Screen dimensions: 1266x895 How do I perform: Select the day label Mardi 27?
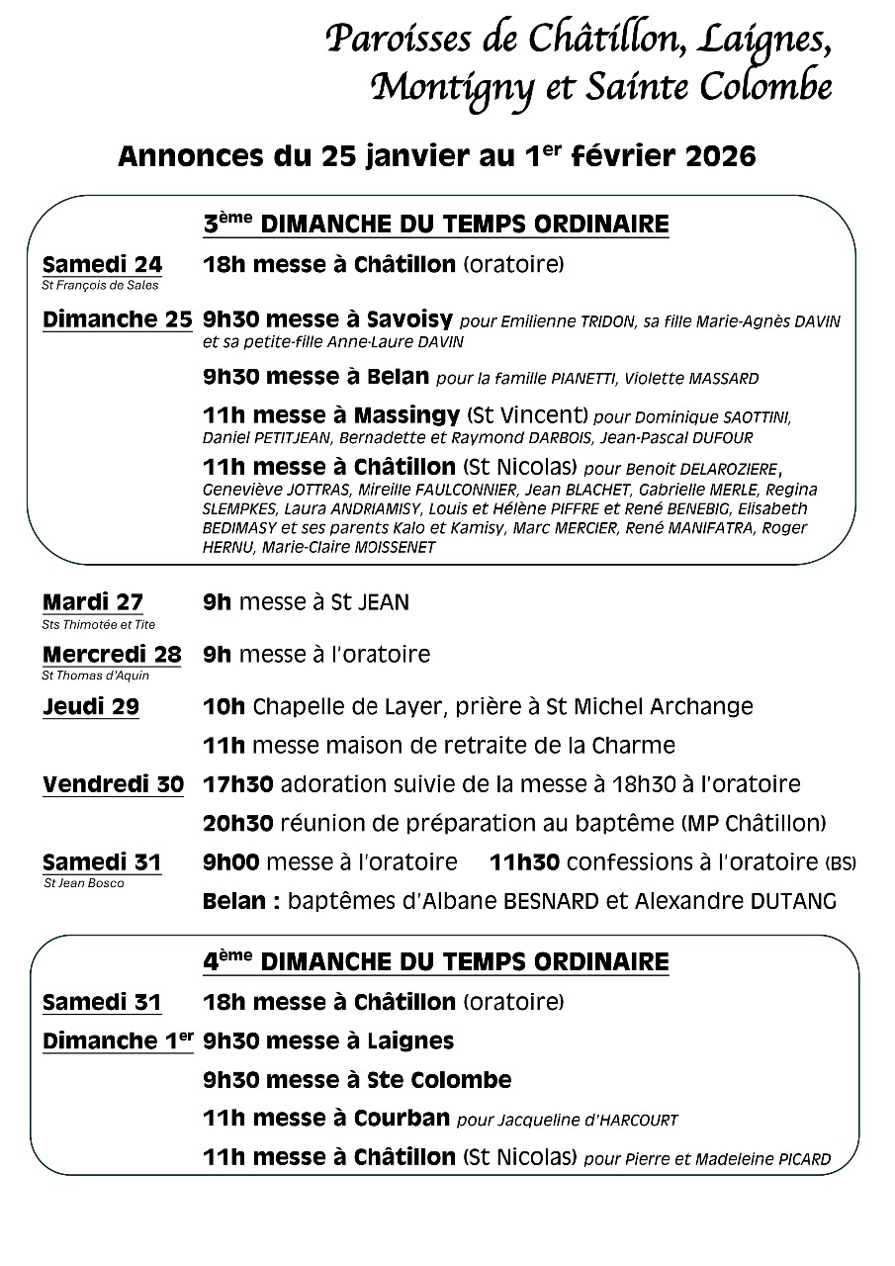tap(93, 602)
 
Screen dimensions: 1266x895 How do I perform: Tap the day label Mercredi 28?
tap(112, 654)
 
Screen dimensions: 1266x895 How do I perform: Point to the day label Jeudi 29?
tap(91, 706)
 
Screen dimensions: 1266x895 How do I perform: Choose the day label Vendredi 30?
tap(113, 784)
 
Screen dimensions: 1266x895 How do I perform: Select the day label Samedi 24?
tap(102, 264)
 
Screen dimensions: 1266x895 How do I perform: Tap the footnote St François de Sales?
tap(100, 286)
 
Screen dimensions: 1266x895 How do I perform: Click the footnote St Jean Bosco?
tap(84, 883)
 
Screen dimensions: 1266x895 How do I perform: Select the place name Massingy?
tap(412, 414)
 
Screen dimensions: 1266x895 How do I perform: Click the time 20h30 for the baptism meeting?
tap(237, 823)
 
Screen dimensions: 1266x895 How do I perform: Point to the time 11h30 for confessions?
tap(524, 862)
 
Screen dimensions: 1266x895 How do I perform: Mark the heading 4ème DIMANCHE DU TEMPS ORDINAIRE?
tap(436, 961)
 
